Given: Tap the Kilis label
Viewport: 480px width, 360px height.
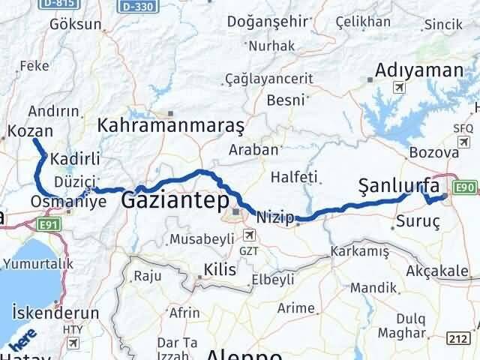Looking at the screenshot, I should (x=220, y=270).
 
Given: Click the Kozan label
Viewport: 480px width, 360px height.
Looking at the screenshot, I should (x=30, y=131).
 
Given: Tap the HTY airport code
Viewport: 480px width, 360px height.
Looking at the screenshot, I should (x=73, y=329).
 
